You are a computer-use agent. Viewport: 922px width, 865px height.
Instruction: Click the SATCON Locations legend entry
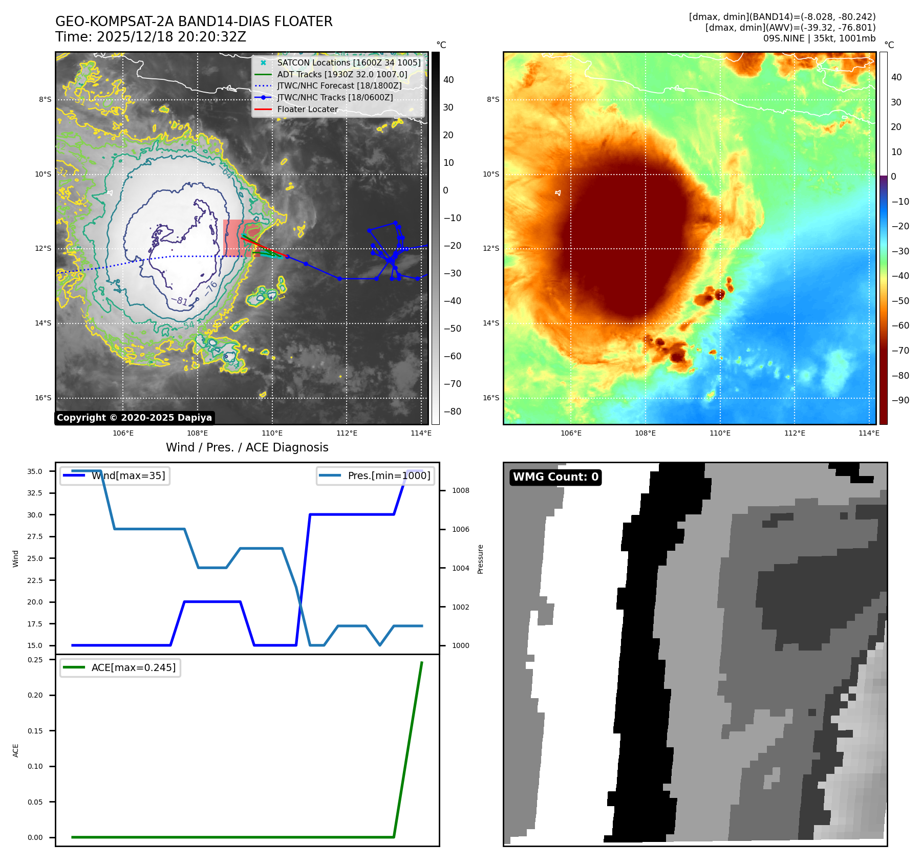click(x=349, y=62)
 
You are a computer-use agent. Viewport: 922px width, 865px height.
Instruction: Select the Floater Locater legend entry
click(x=307, y=109)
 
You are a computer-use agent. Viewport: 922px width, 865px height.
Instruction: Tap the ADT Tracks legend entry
click(x=342, y=74)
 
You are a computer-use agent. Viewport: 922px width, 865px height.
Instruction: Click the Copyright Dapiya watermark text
click(x=134, y=418)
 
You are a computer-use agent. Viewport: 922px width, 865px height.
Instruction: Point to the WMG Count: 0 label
click(x=555, y=477)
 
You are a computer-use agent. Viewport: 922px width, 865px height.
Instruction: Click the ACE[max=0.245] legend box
click(x=120, y=667)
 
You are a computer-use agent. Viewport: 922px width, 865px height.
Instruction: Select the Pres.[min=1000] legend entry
click(x=376, y=475)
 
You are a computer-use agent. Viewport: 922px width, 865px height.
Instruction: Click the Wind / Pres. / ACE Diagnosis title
click(x=247, y=447)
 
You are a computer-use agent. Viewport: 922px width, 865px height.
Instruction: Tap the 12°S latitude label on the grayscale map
click(x=43, y=249)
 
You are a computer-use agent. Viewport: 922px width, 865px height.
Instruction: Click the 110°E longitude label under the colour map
click(x=720, y=434)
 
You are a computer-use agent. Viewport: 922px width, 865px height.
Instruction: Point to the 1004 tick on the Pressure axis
click(x=460, y=568)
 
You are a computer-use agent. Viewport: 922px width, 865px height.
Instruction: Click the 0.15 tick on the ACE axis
click(x=35, y=731)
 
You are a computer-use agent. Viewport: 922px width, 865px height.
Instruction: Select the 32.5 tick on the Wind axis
click(x=35, y=493)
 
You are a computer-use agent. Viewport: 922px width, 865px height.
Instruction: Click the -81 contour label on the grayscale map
click(x=179, y=301)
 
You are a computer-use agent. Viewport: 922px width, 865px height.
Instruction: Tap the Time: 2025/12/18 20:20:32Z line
click(x=151, y=37)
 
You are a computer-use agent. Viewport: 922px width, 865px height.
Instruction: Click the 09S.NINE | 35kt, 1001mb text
click(x=819, y=38)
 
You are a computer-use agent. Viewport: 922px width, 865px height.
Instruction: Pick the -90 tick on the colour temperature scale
click(x=900, y=400)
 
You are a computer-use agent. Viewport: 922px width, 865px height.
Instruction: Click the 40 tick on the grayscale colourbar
click(x=448, y=80)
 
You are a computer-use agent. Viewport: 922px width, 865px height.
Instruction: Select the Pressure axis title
click(x=480, y=559)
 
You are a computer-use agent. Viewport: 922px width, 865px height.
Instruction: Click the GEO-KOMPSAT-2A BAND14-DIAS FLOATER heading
click(x=194, y=21)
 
